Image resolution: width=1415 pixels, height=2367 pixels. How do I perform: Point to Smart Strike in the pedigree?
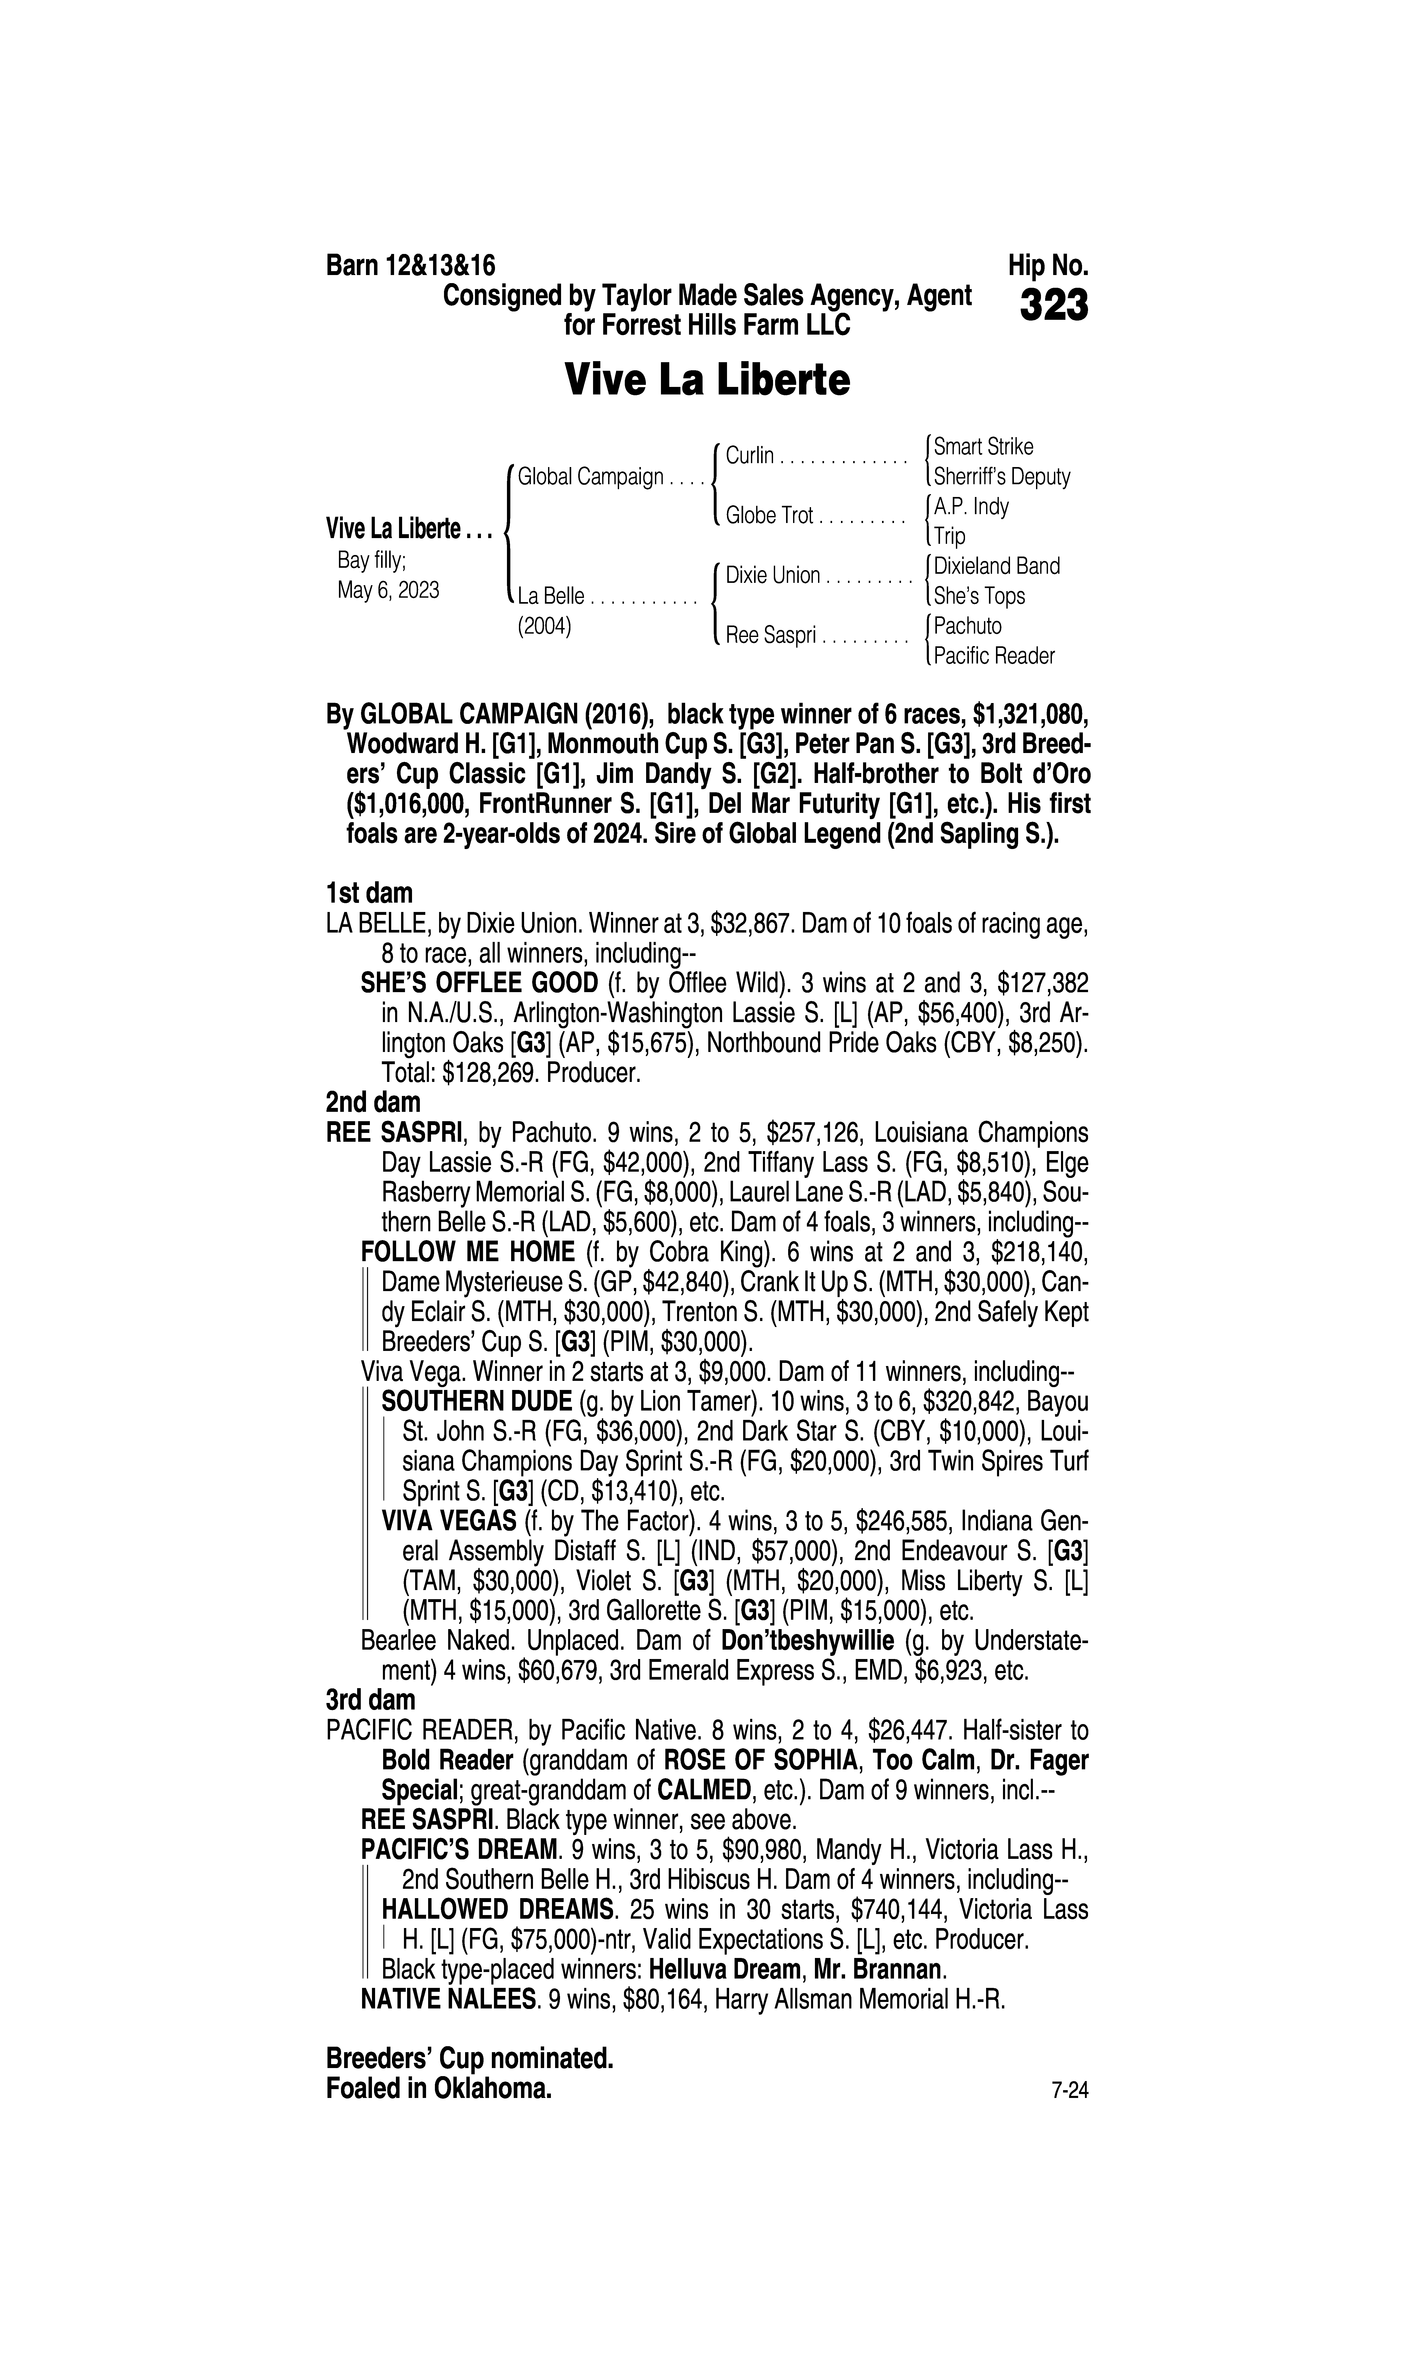(983, 446)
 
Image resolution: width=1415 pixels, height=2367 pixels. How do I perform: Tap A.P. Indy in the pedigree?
(971, 506)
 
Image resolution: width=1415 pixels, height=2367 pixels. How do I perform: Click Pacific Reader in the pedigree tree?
(994, 656)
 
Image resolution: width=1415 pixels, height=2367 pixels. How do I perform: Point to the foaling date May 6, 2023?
(388, 590)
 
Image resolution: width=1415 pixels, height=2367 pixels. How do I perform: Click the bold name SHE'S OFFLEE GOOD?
(479, 983)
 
